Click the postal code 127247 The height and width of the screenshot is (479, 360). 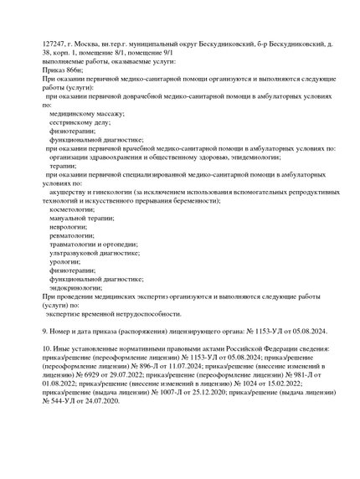pyautogui.click(x=56, y=42)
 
